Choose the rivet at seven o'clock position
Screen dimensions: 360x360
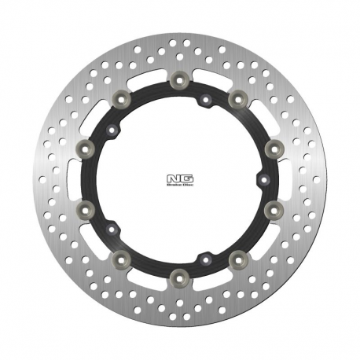pos(119,257)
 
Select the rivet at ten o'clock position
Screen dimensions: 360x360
pos(84,147)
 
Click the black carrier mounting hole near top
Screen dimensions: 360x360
pos(204,98)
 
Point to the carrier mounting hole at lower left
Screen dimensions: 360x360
pos(112,229)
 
